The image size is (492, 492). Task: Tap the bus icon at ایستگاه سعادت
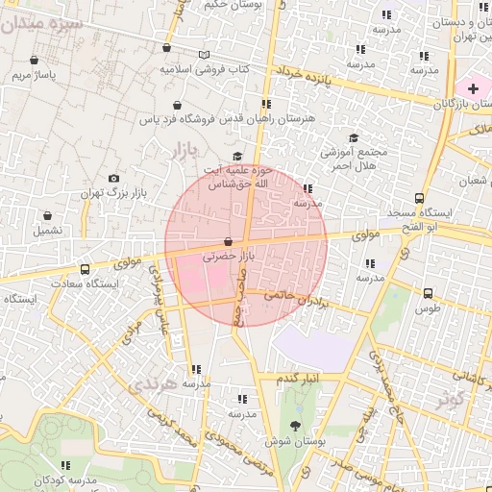tap(86, 270)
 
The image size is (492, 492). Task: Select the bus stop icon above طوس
tap(428, 294)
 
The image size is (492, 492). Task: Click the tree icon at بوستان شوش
tap(294, 426)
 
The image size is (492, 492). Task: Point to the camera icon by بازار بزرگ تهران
tap(114, 178)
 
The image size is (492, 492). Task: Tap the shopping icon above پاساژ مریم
tap(35, 60)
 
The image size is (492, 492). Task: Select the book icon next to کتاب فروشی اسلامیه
tap(203, 56)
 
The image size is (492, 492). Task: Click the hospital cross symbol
tap(472, 87)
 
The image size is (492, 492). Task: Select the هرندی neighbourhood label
tap(151, 384)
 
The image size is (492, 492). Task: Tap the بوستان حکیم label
tap(229, 5)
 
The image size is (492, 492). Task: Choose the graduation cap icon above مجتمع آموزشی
tap(354, 138)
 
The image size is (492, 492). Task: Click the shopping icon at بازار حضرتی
tap(228, 242)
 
